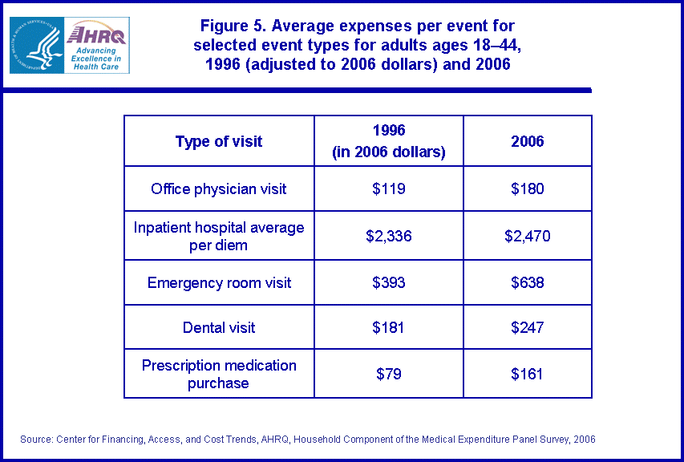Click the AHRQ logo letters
point(95,34)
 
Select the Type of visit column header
point(219,142)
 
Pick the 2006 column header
point(528,141)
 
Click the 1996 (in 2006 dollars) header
point(389,141)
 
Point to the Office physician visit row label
point(219,189)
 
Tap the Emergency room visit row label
point(219,283)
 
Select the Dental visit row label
point(219,327)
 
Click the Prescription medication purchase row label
point(219,374)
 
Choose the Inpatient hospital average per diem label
point(219,236)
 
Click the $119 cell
point(389,189)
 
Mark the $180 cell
point(528,189)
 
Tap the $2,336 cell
point(389,236)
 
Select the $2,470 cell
point(528,236)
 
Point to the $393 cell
point(389,283)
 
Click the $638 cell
point(528,283)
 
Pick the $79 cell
point(389,374)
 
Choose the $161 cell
point(528,374)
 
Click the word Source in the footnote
point(34,440)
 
